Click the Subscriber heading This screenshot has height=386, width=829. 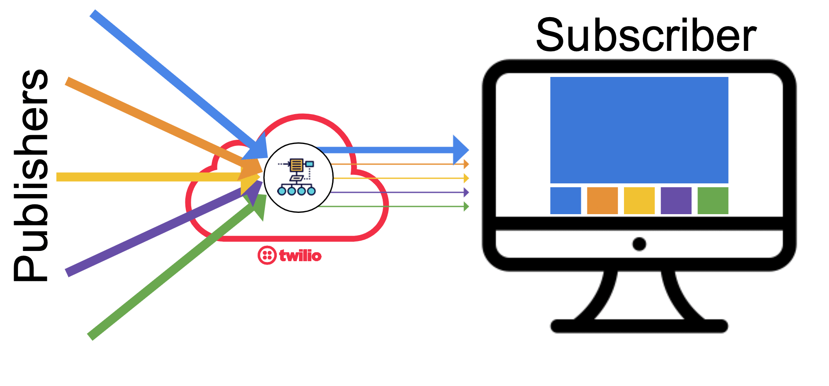tap(646, 36)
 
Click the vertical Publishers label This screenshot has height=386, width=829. tap(31, 175)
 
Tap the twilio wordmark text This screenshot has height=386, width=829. tap(300, 256)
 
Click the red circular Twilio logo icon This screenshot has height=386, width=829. tap(267, 255)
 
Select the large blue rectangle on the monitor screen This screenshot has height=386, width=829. tap(639, 130)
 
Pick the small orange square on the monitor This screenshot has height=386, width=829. tap(602, 200)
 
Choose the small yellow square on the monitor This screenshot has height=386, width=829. tap(639, 200)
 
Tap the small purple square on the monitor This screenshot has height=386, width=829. tap(676, 200)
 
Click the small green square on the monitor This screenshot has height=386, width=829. tap(712, 200)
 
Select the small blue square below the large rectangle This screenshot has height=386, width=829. tap(565, 200)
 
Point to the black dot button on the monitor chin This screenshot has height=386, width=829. tap(639, 244)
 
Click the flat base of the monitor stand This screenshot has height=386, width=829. tap(639, 326)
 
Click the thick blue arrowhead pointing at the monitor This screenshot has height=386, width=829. tap(460, 150)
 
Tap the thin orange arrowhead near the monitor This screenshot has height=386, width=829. tap(466, 164)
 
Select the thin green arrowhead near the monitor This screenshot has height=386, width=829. tap(466, 206)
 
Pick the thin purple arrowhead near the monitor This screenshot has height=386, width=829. tap(466, 192)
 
